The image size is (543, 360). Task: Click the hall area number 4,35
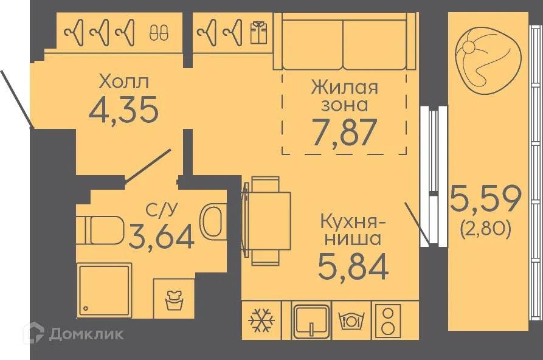(x=123, y=109)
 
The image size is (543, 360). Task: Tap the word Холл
(x=123, y=81)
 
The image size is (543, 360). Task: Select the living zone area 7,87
(x=344, y=132)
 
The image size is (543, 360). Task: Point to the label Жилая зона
(x=344, y=95)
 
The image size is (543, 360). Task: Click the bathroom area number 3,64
(x=162, y=237)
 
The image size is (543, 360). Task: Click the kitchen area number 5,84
(x=353, y=266)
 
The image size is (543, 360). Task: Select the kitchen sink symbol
(x=311, y=320)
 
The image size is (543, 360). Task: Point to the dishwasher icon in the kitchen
(x=351, y=320)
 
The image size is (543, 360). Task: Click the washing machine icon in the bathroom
(x=173, y=299)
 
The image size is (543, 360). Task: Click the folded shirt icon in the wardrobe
(x=258, y=30)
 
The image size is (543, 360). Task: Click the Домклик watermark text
(x=86, y=333)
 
